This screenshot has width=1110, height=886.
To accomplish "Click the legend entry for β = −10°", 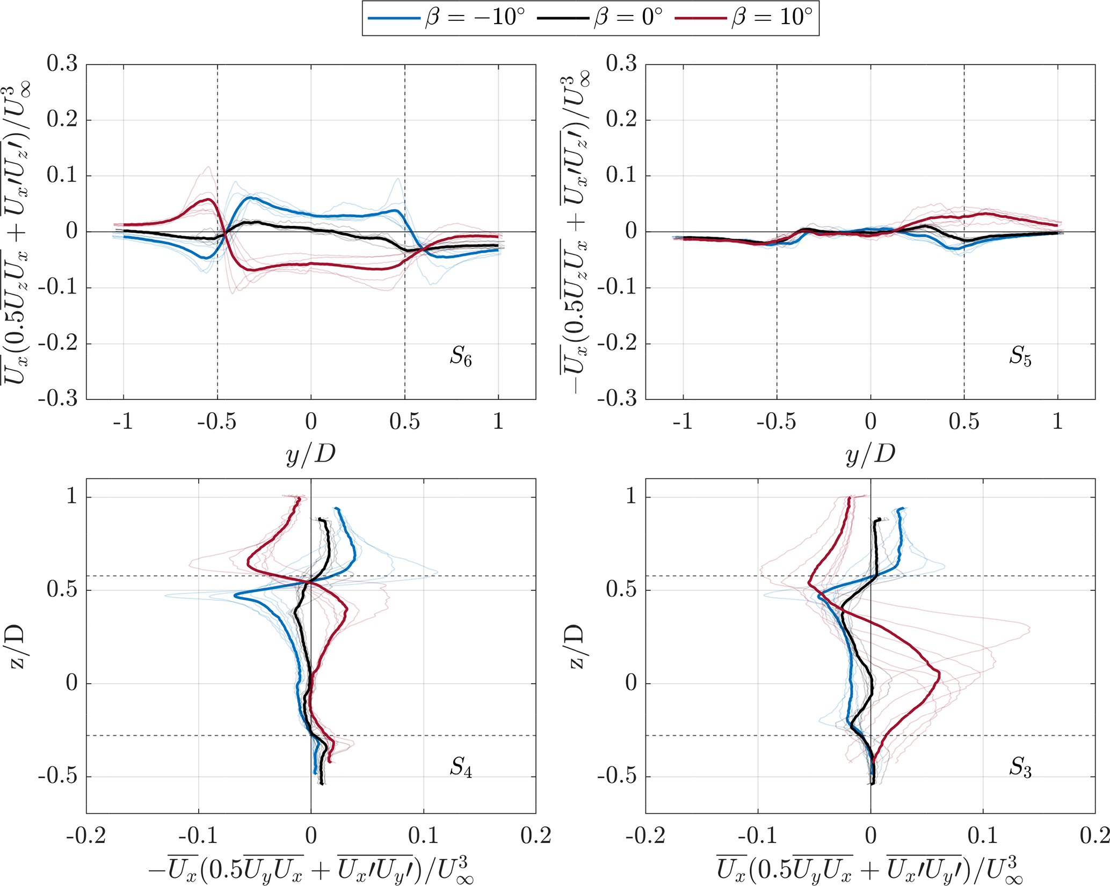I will tap(446, 18).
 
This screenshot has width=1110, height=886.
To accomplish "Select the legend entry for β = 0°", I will tap(600, 18).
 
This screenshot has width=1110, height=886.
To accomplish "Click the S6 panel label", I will tap(461, 356).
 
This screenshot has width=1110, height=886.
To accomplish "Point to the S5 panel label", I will tap(1020, 356).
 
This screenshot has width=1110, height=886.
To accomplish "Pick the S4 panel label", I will tap(461, 767).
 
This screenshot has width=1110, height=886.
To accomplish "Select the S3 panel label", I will tap(1020, 767).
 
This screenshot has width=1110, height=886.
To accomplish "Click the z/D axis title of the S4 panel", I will tap(19, 646).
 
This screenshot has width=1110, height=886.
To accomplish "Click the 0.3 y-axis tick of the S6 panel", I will tap(62, 64).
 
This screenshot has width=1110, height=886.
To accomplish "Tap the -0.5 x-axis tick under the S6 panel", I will tap(216, 422).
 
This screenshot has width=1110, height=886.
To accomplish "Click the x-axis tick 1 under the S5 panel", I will tap(1057, 422).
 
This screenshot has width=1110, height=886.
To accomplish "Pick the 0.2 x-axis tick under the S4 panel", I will tap(536, 836).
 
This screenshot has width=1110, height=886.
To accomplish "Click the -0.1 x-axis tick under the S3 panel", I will tap(757, 836).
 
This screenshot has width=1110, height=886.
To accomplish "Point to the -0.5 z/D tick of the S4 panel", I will tap(57, 777).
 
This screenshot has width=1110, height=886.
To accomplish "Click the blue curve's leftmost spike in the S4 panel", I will tap(235, 596).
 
